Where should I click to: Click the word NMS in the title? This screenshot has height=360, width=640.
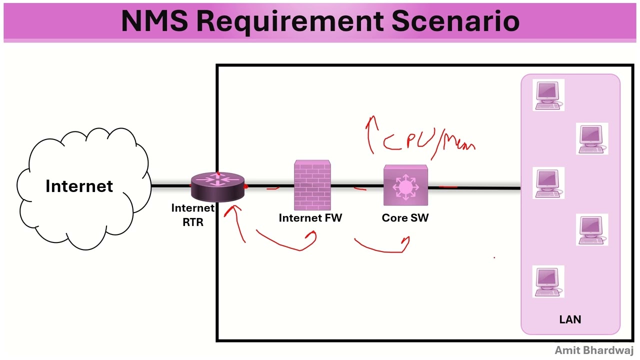[x=154, y=21]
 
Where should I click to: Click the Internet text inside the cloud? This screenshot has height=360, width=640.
[x=79, y=186]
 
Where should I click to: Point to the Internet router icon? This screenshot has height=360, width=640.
[x=218, y=186]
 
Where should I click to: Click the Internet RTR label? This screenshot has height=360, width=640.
[x=193, y=215]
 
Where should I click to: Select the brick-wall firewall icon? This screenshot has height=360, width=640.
[x=312, y=185]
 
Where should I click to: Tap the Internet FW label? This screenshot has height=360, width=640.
[x=310, y=218]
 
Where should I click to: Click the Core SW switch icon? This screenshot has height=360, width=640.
[x=405, y=186]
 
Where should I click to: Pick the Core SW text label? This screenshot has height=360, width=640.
[x=405, y=218]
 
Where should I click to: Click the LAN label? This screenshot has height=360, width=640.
[x=570, y=319]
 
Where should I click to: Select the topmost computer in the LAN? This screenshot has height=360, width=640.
[x=548, y=94]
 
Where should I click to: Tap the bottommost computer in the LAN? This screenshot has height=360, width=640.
[x=548, y=281]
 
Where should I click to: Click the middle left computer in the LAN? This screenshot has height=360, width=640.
[x=548, y=183]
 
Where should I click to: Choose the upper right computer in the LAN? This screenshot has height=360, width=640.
[x=592, y=138]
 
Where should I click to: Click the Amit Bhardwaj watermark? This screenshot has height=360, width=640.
[x=594, y=350]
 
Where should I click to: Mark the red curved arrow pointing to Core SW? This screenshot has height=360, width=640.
[x=382, y=246]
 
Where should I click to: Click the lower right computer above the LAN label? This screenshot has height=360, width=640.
[x=592, y=229]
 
